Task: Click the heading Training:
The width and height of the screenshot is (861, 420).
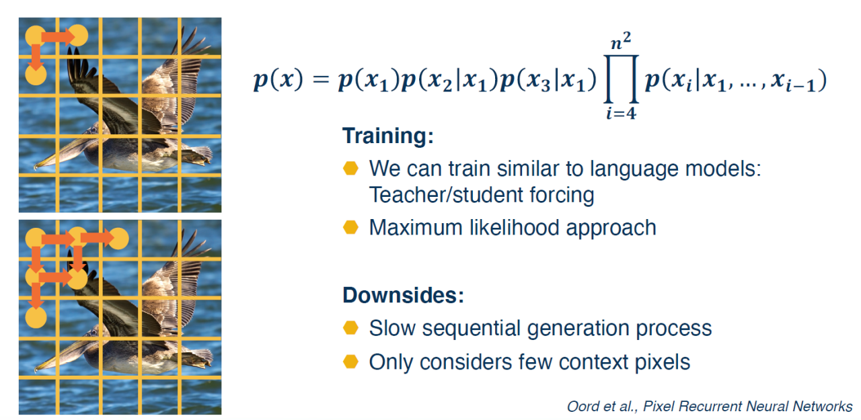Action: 388,136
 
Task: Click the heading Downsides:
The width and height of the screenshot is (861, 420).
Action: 403,295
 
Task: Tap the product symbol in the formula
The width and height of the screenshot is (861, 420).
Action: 621,79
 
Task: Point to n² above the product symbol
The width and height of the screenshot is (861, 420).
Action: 621,42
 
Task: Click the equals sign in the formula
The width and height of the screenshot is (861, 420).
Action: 321,79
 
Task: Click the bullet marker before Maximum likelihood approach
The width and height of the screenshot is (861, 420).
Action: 350,227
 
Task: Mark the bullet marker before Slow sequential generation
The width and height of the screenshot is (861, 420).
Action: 350,328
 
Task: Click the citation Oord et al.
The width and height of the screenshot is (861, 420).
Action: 601,406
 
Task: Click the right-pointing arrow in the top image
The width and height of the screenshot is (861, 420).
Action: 59,37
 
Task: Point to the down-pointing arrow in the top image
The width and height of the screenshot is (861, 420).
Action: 36,57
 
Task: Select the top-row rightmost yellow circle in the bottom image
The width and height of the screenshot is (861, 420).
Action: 118,239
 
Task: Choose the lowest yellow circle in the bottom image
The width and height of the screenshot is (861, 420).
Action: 36,318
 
